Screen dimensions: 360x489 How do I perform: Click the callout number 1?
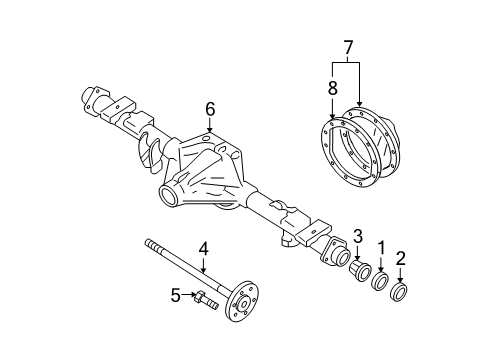tap(381, 246)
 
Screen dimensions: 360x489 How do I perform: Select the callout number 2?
tap(400, 258)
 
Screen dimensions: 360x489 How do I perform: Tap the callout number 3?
tap(356, 236)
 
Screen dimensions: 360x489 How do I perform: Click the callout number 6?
tap(210, 109)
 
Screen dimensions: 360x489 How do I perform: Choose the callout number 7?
tap(349, 47)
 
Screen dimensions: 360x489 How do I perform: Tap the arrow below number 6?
tap(210, 127)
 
